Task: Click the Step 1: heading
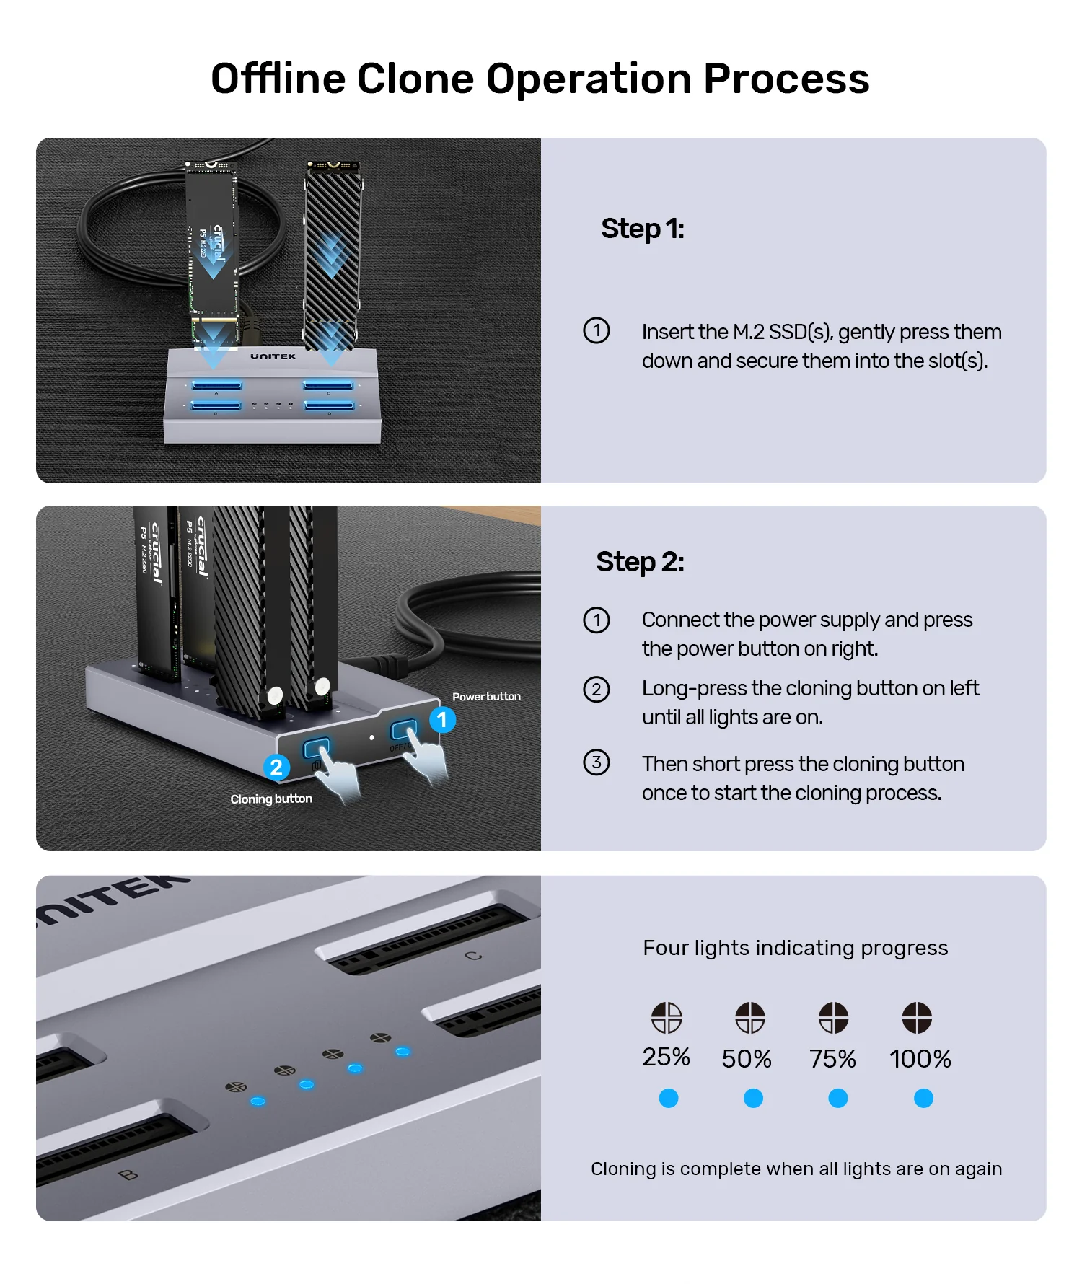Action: (642, 229)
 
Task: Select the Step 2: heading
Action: (640, 562)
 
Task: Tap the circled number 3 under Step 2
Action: (597, 762)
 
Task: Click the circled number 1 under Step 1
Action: (597, 330)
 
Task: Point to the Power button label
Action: (486, 697)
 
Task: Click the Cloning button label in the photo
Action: (271, 799)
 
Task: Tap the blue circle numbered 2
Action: (276, 768)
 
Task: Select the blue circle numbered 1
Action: (442, 720)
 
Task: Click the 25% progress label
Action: (666, 1057)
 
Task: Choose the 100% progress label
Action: (920, 1059)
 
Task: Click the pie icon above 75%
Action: (833, 1018)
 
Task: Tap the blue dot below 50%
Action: (753, 1099)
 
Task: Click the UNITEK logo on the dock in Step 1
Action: (273, 356)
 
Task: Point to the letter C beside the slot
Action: (473, 956)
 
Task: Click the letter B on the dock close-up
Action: (128, 1174)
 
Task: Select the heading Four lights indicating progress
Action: (795, 948)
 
